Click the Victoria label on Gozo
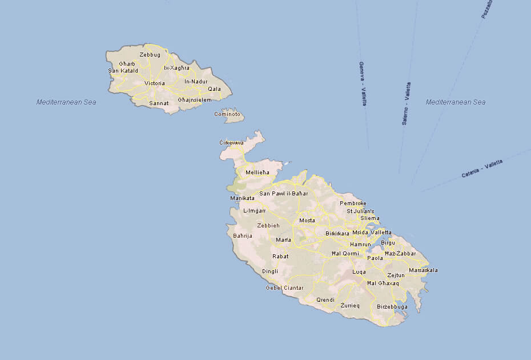point(155,83)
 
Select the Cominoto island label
point(227,114)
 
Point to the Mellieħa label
point(256,173)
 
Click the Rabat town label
point(280,257)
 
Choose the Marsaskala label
point(423,270)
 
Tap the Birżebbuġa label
point(392,307)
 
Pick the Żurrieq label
point(350,306)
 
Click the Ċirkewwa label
point(232,142)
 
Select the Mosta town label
point(307,221)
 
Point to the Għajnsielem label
point(195,100)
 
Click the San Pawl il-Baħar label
point(284,194)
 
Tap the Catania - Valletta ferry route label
point(482,169)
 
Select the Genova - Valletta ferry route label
point(363,83)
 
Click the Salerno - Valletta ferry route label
point(406,103)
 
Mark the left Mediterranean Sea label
point(66,102)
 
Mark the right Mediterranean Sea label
point(456,102)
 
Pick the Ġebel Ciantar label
point(284,287)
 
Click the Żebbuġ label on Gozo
point(150,55)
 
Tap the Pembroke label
point(353,203)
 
